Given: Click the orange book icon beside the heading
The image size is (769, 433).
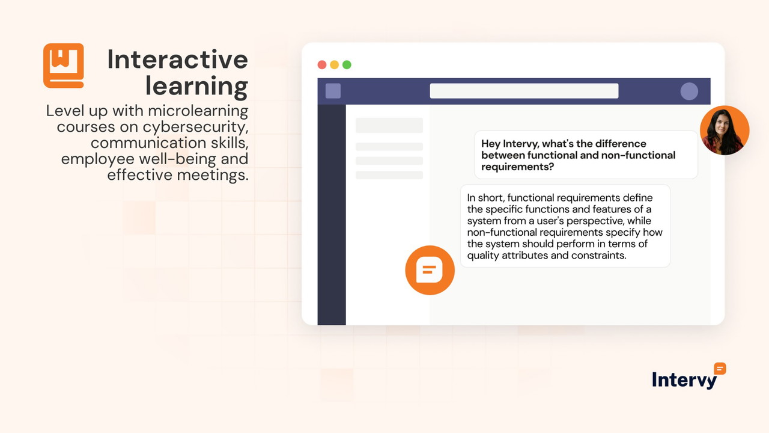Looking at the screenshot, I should tap(63, 66).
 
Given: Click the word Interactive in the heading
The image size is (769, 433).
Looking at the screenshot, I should tap(177, 60).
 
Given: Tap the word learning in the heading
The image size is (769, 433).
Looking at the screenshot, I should tap(196, 86).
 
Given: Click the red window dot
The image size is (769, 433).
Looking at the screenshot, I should tap(322, 65).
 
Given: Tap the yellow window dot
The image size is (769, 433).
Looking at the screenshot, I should tap(335, 65).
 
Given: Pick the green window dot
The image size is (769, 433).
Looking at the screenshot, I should tap(347, 65).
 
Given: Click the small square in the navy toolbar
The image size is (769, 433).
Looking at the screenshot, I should tap(333, 91).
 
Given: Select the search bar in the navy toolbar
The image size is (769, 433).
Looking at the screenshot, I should tap(524, 91).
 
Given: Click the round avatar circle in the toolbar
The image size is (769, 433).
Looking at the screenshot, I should tap(689, 91).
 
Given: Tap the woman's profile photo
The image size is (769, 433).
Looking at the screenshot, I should tap(725, 130).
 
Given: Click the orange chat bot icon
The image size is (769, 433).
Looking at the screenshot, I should tap(430, 270).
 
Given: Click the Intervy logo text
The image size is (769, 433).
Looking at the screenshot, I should tap(684, 380).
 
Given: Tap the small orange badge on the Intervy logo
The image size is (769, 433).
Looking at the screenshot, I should tap(720, 369).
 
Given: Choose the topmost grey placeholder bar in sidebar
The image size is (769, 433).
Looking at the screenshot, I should tap(389, 125).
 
